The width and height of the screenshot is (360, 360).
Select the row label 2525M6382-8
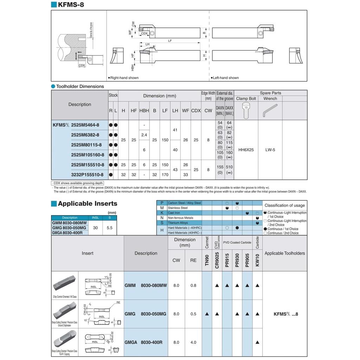coord(85,135)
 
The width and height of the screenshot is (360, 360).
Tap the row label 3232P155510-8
coord(87,174)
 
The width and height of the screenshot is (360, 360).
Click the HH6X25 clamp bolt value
coord(246,150)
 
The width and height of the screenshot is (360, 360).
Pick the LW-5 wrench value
coord(270,150)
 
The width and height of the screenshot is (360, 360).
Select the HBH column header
coord(144,110)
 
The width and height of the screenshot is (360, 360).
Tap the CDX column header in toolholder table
coord(196,110)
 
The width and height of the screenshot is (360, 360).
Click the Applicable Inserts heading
coord(88,204)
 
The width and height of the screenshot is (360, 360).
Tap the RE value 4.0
coord(193,342)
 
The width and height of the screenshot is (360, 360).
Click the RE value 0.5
coord(193,314)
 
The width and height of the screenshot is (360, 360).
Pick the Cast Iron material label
coord(174,213)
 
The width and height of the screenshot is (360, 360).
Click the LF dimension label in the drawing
coord(170,41)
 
